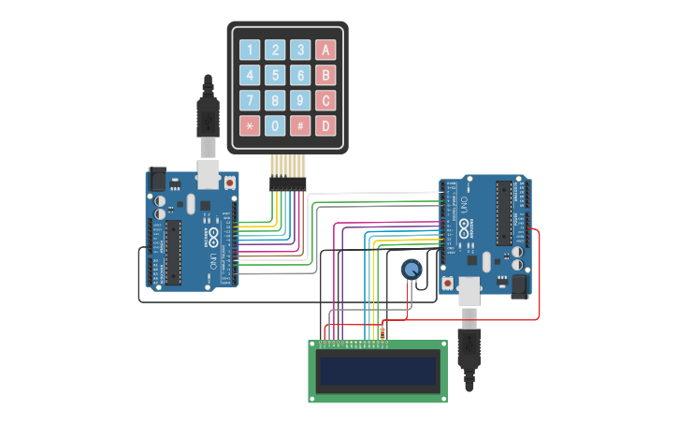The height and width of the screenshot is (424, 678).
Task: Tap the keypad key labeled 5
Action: [x=275, y=75]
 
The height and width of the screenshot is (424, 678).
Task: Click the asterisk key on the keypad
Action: [x=250, y=125]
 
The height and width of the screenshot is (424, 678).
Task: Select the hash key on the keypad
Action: [x=300, y=125]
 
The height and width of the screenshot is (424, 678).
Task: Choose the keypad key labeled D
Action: [x=325, y=125]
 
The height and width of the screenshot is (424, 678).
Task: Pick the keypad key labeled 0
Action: [x=275, y=125]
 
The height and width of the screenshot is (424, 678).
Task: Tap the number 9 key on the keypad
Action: [x=300, y=100]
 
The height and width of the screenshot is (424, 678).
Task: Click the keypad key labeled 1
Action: [x=250, y=50]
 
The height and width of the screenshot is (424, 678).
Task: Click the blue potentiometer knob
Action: [x=411, y=270]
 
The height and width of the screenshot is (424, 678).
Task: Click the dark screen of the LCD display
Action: [x=378, y=372]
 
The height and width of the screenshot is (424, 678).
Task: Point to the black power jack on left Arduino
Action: [x=157, y=179]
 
